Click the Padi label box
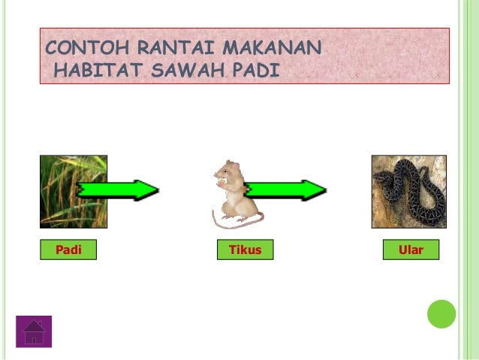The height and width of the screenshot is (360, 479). pyautogui.click(x=68, y=250)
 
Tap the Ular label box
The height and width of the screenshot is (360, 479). pyautogui.click(x=411, y=250)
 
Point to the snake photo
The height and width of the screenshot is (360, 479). pyautogui.click(x=408, y=192)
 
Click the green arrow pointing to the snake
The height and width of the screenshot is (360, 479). pyautogui.click(x=289, y=191)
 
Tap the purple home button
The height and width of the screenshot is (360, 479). pyautogui.click(x=34, y=331)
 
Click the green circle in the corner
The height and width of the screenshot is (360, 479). pyautogui.click(x=441, y=314)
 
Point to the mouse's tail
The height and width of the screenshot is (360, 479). pyautogui.click(x=233, y=220)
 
